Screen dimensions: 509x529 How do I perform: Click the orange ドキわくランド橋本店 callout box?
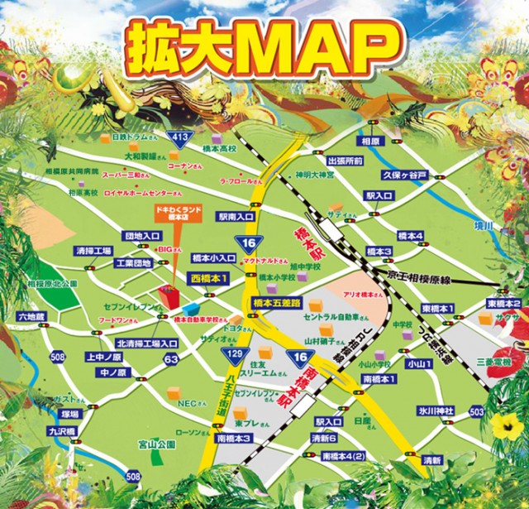click(x=174, y=214)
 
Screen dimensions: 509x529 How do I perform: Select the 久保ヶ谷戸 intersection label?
click(x=404, y=175)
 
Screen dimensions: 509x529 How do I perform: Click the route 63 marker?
click(x=171, y=359)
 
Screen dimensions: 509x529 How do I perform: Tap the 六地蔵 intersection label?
click(x=32, y=316)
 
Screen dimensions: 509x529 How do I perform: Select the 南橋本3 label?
click(x=232, y=438)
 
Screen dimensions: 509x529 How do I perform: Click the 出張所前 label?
click(x=346, y=161)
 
